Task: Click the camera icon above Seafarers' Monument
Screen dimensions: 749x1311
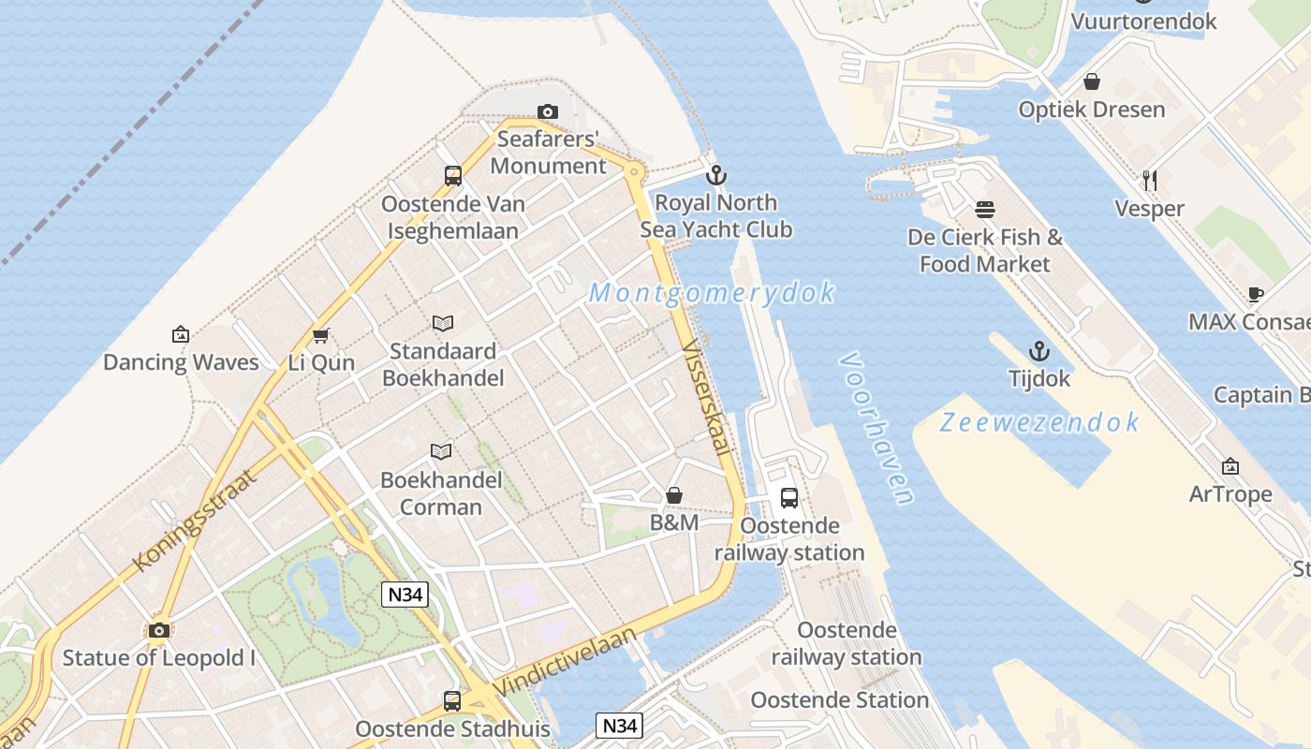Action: tap(548, 112)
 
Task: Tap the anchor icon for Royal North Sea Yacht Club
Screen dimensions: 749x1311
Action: tap(716, 175)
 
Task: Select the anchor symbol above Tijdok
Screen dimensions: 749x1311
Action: tap(1038, 351)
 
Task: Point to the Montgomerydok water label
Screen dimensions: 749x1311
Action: tap(712, 293)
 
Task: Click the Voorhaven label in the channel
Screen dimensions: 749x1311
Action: tap(876, 429)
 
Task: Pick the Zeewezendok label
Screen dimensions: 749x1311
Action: tap(1039, 422)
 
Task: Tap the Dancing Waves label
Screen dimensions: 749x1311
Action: tap(181, 362)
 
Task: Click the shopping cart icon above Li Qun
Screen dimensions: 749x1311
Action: tap(321, 335)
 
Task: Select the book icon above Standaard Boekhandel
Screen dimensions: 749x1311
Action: tap(443, 323)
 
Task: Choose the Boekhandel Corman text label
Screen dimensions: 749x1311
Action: tap(442, 493)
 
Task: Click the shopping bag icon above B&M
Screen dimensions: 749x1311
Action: tap(674, 494)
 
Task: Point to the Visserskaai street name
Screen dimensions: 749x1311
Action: tap(707, 398)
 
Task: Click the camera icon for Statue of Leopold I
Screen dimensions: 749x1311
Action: tap(159, 630)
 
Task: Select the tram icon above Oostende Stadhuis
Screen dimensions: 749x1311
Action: tap(452, 700)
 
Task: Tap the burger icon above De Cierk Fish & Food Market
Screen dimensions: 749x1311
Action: tap(985, 209)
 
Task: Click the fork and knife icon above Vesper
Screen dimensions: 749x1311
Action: tap(1150, 180)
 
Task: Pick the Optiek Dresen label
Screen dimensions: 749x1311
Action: tap(1092, 110)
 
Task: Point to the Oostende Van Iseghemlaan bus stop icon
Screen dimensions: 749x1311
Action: tap(453, 175)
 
